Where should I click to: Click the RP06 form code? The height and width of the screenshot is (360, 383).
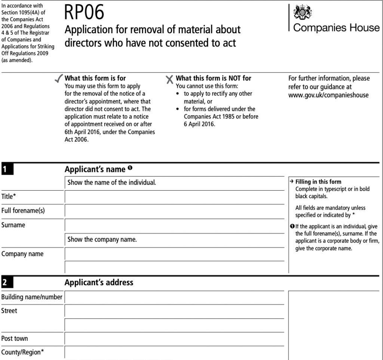pos(84,13)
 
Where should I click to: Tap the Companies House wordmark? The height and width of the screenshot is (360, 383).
pos(336,28)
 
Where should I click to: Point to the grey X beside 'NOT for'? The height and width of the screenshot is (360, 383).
pos(169,79)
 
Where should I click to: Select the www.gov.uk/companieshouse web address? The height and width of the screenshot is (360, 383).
pos(328,95)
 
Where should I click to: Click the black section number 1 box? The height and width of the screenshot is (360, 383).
pos(7,169)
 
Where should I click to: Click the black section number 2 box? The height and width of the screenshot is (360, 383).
pos(7,283)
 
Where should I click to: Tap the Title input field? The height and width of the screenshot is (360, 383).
pos(174,197)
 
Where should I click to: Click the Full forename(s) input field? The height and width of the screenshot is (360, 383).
pos(174,211)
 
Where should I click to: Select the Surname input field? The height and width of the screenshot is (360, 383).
pos(174,225)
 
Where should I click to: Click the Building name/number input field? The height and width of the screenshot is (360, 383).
pos(174,297)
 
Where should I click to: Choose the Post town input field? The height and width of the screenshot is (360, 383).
pos(174,338)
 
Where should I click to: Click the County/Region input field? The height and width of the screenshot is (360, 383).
pos(174,353)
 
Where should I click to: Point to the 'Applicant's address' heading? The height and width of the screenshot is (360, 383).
pos(99,282)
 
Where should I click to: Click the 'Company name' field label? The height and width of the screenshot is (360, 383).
pos(22,254)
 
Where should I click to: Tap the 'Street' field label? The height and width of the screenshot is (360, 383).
pos(9,311)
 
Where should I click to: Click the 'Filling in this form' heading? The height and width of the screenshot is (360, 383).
pos(318,182)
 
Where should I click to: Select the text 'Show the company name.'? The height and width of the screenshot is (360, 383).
pos(102,240)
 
